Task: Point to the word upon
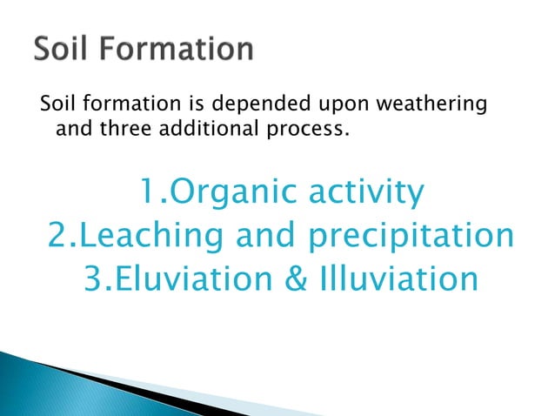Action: click(323, 107)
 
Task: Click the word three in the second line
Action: click(114, 131)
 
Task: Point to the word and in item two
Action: click(262, 236)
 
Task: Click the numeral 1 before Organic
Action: click(145, 193)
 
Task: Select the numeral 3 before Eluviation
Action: click(94, 279)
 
